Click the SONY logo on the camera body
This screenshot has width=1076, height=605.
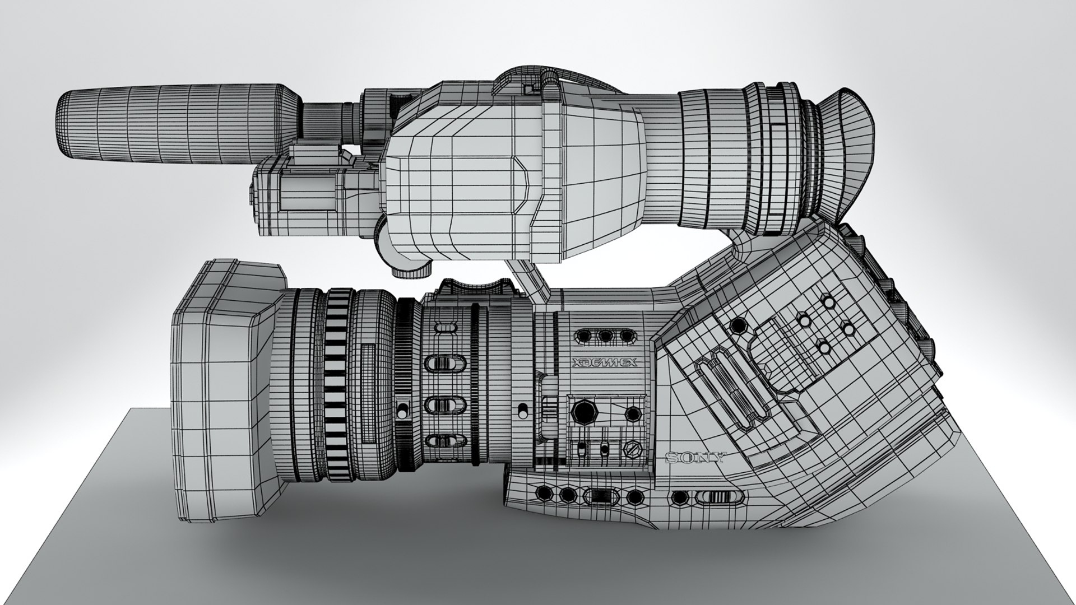tap(695, 458)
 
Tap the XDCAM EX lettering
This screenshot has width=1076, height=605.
tap(605, 363)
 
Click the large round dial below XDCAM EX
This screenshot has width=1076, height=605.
tap(585, 412)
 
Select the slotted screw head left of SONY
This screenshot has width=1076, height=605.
tap(632, 449)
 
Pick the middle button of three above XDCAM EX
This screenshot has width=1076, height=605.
tap(605, 336)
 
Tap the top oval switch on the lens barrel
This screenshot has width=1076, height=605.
tap(447, 327)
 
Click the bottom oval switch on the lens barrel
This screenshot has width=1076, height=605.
tap(447, 440)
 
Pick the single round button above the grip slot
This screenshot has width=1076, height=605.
tap(739, 325)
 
